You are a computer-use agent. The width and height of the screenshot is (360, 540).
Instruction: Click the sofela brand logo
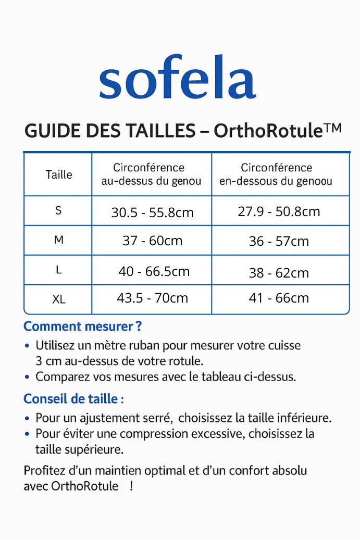click(x=177, y=79)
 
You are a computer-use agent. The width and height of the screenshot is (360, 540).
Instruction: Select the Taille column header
click(x=59, y=175)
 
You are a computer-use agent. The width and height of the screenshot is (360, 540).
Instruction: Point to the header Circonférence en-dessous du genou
click(x=276, y=175)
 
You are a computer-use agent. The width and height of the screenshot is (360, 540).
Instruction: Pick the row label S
click(x=58, y=210)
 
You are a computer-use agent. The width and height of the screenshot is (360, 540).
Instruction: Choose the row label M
click(x=58, y=240)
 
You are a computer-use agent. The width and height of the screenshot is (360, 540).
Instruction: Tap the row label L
click(x=58, y=270)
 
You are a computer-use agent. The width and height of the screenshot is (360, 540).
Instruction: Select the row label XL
click(x=58, y=299)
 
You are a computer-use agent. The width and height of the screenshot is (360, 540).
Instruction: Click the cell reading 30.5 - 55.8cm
click(x=152, y=212)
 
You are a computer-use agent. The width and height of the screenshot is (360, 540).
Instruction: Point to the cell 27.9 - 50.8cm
click(x=279, y=211)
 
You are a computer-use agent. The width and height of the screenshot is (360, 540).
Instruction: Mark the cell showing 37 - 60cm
click(x=152, y=241)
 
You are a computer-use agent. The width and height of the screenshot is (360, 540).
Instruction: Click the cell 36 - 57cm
click(x=279, y=242)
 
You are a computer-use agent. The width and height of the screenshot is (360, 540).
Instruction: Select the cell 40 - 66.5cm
click(x=154, y=271)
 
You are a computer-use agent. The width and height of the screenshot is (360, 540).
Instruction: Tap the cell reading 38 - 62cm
click(x=279, y=272)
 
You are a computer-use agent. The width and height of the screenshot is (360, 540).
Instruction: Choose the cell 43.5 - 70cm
click(x=152, y=298)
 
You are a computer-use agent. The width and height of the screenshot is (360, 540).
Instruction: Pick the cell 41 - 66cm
click(x=279, y=298)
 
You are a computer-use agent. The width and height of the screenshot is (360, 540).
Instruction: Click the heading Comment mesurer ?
click(x=83, y=326)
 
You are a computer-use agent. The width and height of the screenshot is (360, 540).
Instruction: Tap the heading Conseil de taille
click(x=73, y=399)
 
